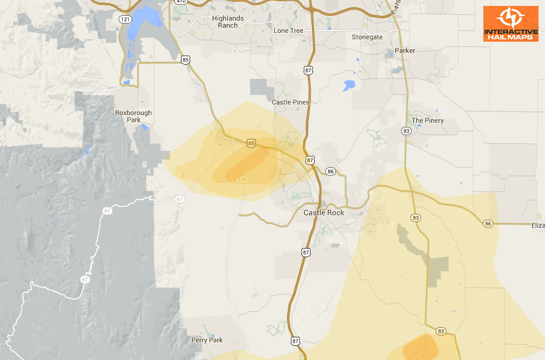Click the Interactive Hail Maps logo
(x=510, y=23)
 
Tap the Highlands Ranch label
(x=228, y=22)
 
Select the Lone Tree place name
(x=288, y=31)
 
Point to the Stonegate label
(x=367, y=37)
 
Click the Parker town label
(x=405, y=51)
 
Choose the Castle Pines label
(x=290, y=102)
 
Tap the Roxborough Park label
(x=133, y=116)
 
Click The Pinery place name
(x=428, y=120)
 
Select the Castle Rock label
(x=324, y=213)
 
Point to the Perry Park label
(x=207, y=340)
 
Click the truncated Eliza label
(x=537, y=226)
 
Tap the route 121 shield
(x=125, y=19)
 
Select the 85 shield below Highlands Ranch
(x=186, y=59)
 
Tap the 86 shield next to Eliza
(x=488, y=224)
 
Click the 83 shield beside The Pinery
(x=406, y=131)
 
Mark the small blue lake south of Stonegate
(x=349, y=85)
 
